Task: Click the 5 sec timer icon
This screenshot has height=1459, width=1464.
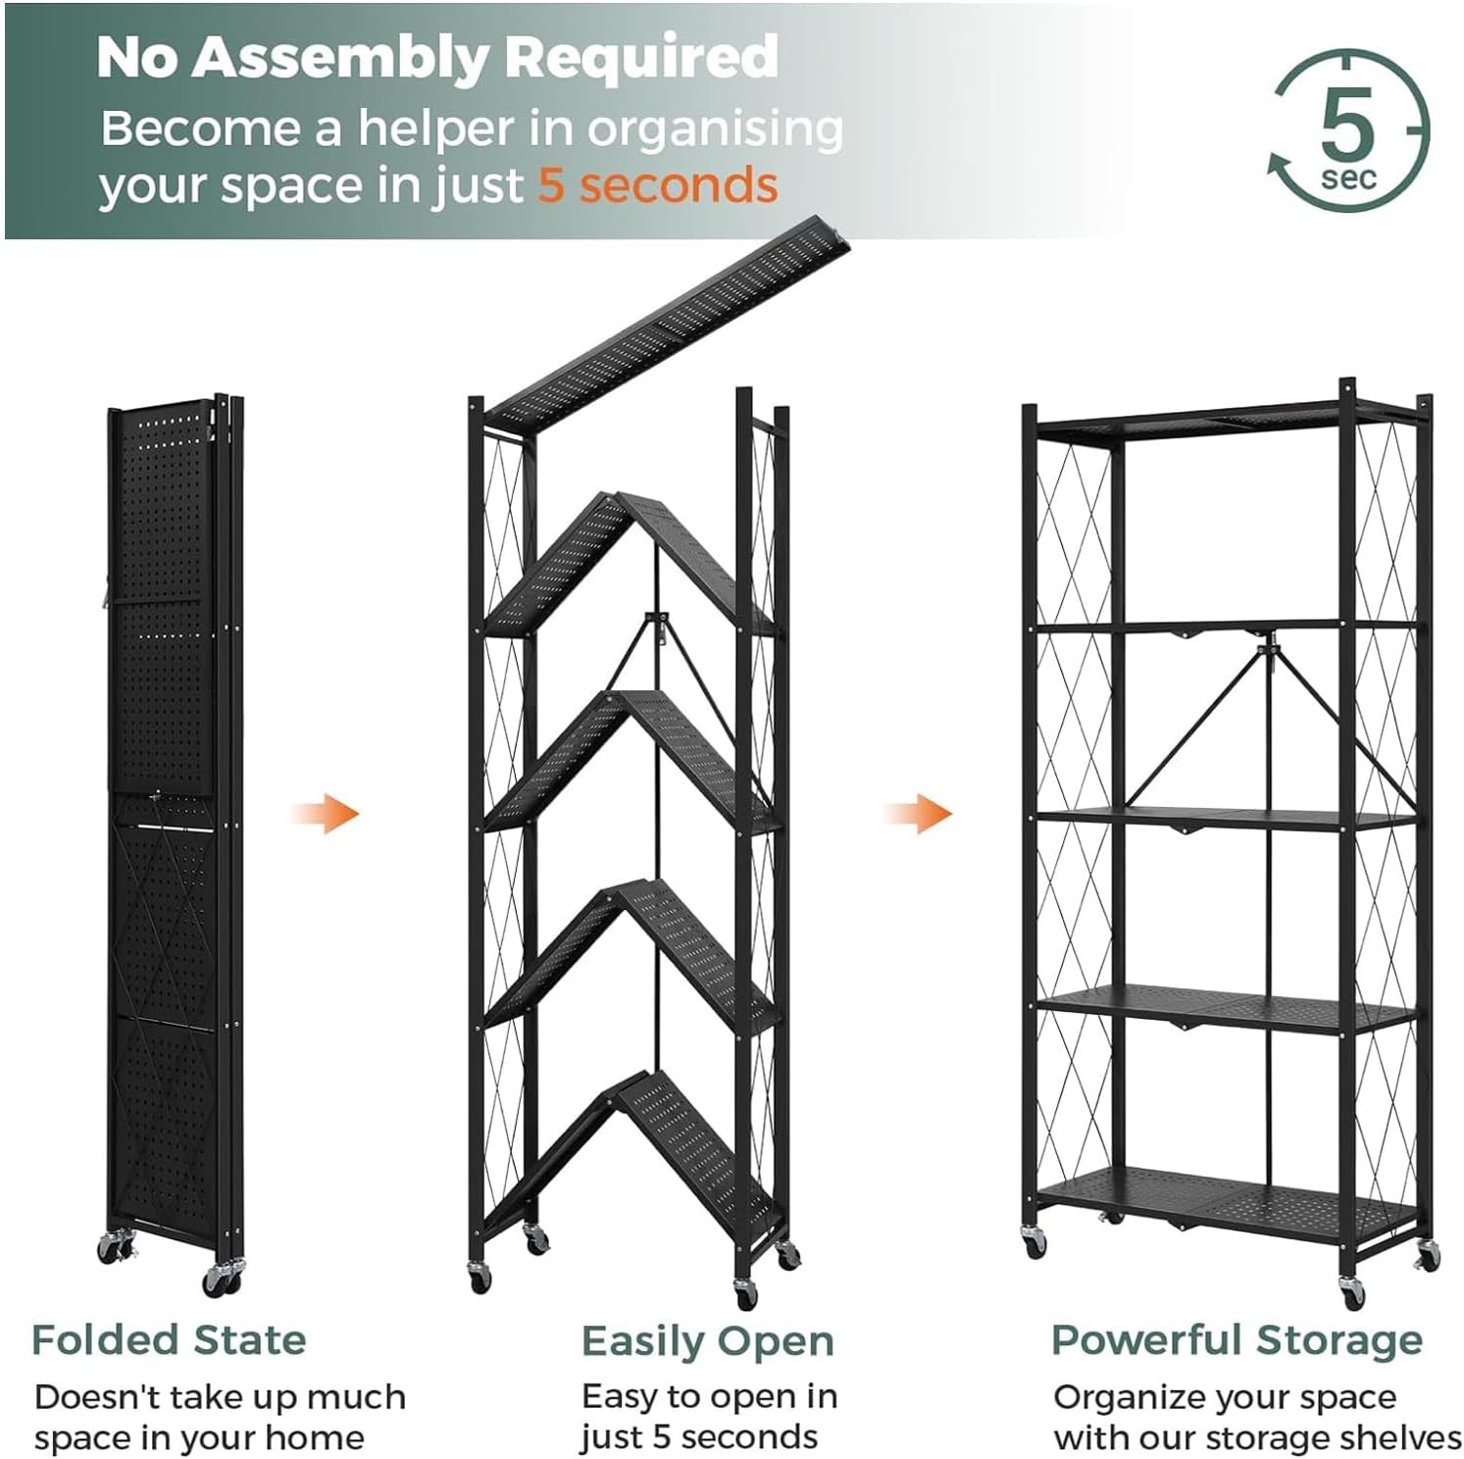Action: tap(1349, 130)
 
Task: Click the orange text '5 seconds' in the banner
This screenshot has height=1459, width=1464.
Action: tap(658, 185)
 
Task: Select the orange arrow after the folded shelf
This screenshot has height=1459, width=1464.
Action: tap(327, 814)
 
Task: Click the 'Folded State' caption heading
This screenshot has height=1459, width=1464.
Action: tap(169, 1339)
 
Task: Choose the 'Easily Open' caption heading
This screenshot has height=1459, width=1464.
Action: tap(707, 1341)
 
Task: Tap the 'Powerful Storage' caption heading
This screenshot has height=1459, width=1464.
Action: tap(1237, 1339)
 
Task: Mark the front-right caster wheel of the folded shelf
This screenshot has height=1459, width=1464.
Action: tap(221, 1279)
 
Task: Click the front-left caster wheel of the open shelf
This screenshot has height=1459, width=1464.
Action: tap(1035, 1242)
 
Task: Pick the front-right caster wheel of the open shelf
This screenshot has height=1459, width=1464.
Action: tap(1352, 1293)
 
